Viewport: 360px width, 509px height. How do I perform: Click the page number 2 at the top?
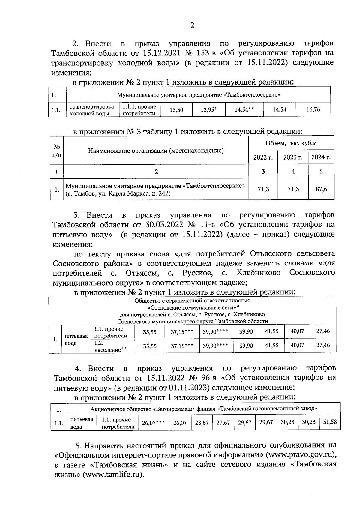tap(192, 26)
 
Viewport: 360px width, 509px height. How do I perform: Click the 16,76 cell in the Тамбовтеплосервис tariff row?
tap(313, 109)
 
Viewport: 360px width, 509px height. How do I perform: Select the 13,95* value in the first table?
tap(209, 110)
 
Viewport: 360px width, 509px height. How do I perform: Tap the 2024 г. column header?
tap(321, 157)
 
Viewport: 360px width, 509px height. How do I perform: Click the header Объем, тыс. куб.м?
tap(291, 143)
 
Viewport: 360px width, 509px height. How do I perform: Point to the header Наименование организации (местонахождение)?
tap(156, 151)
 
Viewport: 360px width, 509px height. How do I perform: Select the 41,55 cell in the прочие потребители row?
tap(272, 331)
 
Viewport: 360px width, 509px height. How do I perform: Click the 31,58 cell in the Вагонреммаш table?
tap(330, 422)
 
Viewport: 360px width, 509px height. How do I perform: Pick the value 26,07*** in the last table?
tap(153, 423)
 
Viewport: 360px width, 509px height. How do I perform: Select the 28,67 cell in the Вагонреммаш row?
tap(202, 423)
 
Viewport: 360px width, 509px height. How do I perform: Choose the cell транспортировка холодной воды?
tap(92, 110)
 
